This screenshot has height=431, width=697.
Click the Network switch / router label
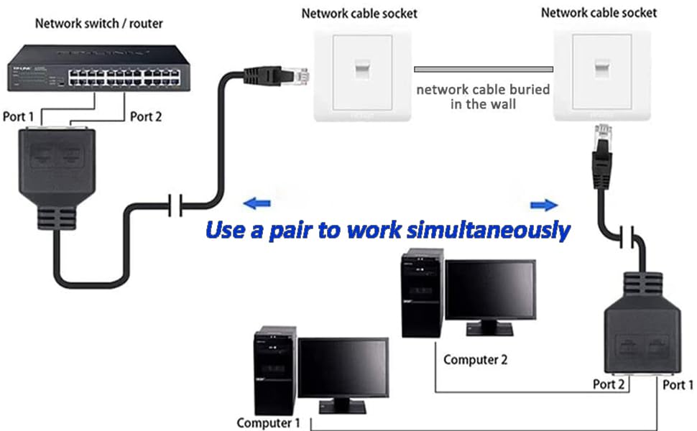point(99,24)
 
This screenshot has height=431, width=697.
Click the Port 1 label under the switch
point(18,116)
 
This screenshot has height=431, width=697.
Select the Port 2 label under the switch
point(146,116)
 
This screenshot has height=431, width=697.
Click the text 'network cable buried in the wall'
point(483,97)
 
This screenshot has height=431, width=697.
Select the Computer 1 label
point(269,423)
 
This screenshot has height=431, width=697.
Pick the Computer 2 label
point(475,359)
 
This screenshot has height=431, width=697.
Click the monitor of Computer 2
point(490,294)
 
